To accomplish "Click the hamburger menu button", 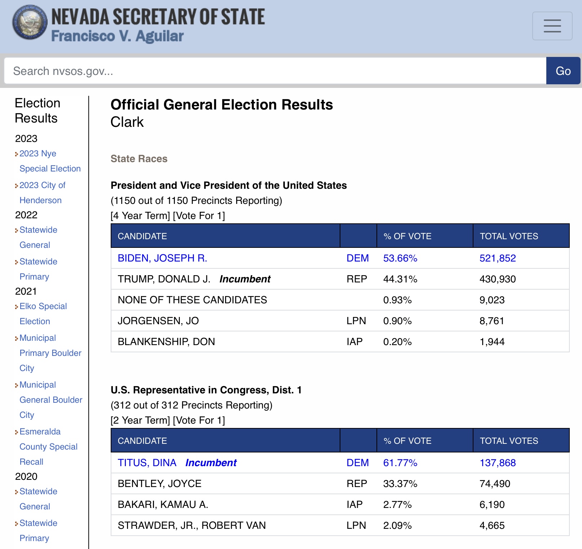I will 552,26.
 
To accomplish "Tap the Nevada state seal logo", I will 30,22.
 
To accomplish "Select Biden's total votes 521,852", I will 497,258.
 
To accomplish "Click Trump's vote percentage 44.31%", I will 400,279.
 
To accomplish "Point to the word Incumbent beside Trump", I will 245,279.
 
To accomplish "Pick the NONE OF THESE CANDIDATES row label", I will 192,300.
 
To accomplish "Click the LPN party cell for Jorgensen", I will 356,321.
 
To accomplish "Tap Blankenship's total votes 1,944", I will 492,342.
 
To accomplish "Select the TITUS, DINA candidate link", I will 147,463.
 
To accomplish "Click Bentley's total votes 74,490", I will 495,484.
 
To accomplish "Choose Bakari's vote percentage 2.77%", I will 397,505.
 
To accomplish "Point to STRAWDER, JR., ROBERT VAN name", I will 191,526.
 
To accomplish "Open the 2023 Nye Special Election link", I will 50,161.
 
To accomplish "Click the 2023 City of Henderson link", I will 42,193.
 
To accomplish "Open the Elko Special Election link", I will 43,314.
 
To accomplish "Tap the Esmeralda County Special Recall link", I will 48,447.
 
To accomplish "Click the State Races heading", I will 139,159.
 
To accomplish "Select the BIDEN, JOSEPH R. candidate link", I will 162,258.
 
